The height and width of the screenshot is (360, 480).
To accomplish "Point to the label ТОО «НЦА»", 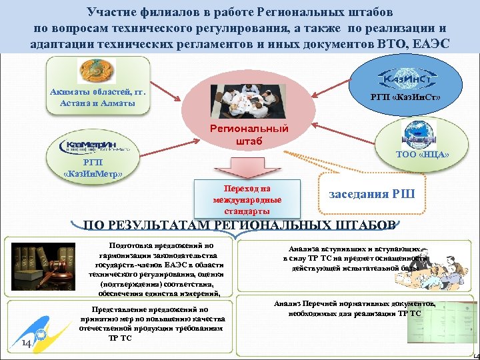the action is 424,155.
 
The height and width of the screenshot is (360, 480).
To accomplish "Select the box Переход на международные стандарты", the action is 247,199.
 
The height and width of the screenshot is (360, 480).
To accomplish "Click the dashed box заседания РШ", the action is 372,194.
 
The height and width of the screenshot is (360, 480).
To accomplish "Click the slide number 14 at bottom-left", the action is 26,343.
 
